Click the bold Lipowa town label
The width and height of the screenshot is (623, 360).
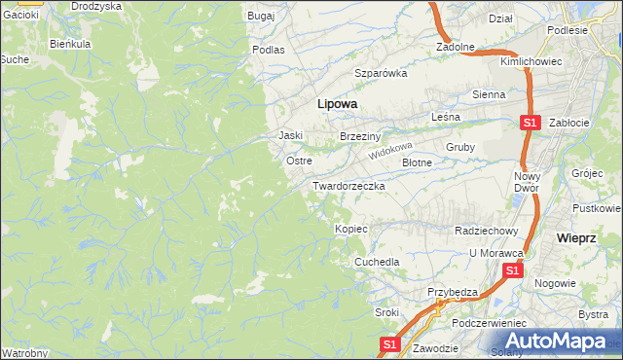[337, 103]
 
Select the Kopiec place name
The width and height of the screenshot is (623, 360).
[350, 229]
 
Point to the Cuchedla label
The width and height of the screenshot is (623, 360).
[377, 262]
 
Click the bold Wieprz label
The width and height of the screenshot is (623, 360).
[575, 237]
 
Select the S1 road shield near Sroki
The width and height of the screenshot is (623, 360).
[388, 344]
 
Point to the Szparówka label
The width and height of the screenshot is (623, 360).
[380, 73]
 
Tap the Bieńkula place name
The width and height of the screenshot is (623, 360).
[70, 45]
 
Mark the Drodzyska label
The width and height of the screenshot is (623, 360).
[96, 6]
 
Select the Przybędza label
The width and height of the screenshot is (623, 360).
[453, 292]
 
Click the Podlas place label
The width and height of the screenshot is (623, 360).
[268, 49]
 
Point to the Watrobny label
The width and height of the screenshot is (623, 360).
[25, 351]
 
